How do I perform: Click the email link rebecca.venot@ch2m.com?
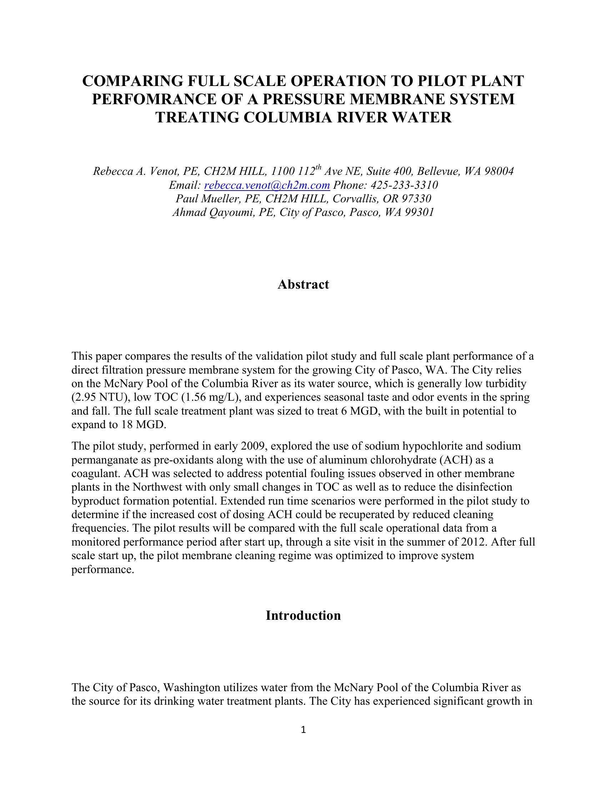click(x=267, y=185)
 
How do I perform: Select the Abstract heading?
click(x=303, y=284)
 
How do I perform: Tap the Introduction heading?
click(x=303, y=616)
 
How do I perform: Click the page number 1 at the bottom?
click(x=303, y=730)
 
